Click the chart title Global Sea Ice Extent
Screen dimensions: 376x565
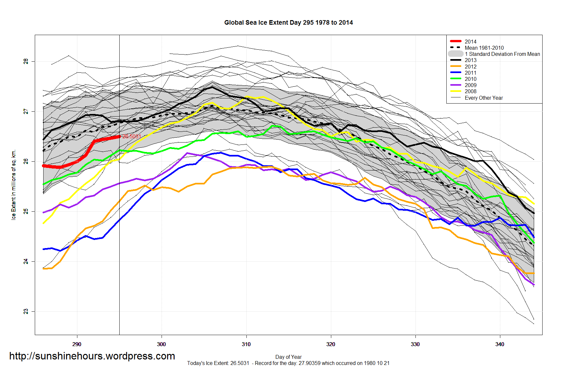(x=288, y=22)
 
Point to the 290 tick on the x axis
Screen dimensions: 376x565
(x=77, y=344)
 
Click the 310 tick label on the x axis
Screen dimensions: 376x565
(x=246, y=344)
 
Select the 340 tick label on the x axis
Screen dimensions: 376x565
(x=500, y=344)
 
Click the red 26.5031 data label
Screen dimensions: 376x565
(x=132, y=136)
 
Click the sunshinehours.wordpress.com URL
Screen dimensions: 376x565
(x=92, y=356)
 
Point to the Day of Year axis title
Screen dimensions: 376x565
(x=288, y=357)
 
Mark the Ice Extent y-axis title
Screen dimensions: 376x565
(x=14, y=185)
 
